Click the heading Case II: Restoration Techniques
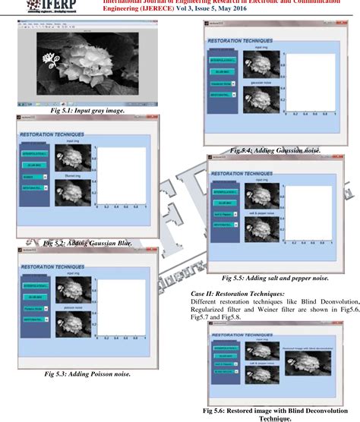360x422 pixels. click(x=251, y=293)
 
